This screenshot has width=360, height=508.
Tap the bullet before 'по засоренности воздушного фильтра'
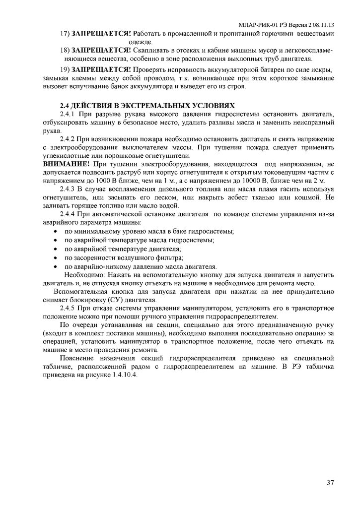click(55, 257)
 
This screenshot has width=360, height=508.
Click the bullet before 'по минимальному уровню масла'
click(55, 232)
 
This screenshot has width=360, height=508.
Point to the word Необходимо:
click(83, 274)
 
